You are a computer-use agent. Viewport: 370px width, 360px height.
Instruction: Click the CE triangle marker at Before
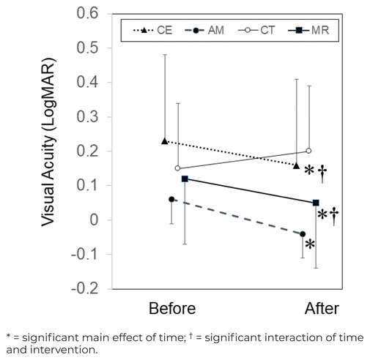coord(165,141)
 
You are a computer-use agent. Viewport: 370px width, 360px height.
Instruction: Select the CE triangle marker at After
coord(297,166)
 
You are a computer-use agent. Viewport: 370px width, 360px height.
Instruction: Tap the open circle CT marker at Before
coord(178,168)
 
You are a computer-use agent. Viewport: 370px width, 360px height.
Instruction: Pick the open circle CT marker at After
coord(308,151)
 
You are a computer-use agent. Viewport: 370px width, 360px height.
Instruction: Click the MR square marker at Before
coord(185,179)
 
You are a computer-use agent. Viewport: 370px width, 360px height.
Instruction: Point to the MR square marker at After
coord(316,203)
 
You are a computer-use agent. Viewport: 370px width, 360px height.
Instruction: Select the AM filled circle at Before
coord(171,199)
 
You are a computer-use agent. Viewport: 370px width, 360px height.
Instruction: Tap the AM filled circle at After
coord(303,234)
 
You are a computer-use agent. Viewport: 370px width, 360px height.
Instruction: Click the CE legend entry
coord(153,30)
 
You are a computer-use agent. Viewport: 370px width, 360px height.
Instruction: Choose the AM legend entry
coord(204,30)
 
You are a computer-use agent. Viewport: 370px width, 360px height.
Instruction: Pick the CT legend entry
coord(256,30)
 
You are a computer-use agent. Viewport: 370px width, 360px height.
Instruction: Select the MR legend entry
coord(308,30)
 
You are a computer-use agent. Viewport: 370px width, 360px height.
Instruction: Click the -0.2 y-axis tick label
coord(85,289)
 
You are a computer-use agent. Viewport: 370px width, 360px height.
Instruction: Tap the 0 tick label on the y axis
coord(94,220)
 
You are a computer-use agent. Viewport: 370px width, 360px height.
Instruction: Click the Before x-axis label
coord(172,309)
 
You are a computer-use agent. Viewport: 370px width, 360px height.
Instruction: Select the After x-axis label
coord(322,309)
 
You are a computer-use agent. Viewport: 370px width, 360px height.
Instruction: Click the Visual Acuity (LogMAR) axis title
coord(48,142)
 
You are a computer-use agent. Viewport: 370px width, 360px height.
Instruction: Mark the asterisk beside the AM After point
coord(310,244)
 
